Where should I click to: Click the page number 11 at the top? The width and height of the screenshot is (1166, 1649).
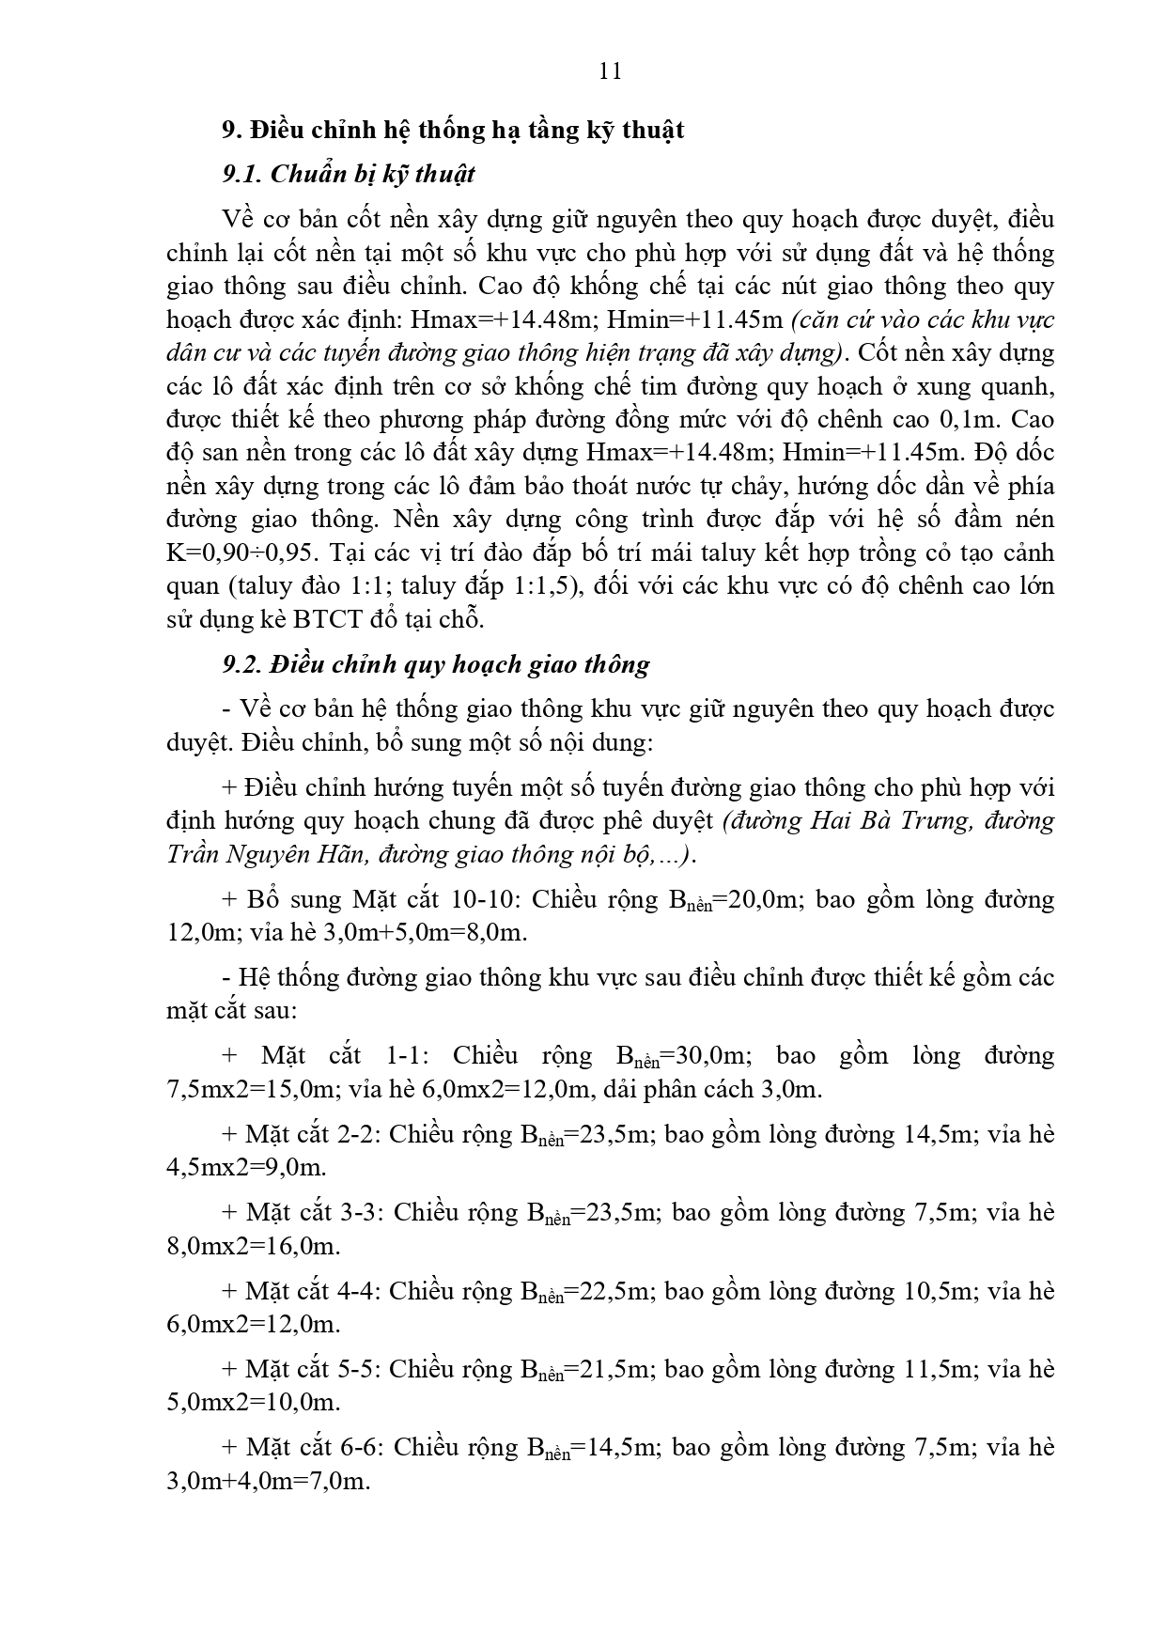click(x=609, y=71)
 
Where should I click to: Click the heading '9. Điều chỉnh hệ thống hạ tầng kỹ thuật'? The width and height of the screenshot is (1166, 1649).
click(x=453, y=130)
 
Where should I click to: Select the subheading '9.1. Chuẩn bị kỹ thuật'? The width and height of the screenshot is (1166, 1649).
click(x=349, y=174)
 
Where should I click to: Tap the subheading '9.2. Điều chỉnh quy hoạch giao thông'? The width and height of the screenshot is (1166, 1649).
click(x=436, y=664)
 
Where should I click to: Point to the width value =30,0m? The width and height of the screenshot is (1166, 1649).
click(x=707, y=1056)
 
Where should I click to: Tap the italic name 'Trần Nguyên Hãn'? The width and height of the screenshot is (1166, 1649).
click(x=259, y=854)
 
